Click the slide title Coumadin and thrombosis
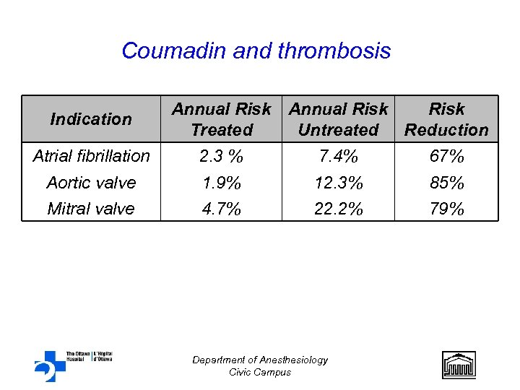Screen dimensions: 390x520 click(256, 51)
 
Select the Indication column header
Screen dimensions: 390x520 click(91, 119)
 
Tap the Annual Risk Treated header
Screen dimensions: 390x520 click(221, 119)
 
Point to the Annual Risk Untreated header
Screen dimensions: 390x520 click(338, 119)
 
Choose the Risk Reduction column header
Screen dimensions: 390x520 click(446, 119)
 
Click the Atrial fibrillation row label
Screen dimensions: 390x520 click(91, 156)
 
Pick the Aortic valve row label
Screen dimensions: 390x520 click(91, 183)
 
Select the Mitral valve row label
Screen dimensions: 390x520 click(91, 209)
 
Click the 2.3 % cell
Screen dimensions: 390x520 click(221, 156)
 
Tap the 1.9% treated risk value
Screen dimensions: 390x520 click(221, 183)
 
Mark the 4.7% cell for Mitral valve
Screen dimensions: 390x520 click(221, 209)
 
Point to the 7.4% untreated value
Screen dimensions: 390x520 click(338, 156)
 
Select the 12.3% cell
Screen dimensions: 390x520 click(338, 183)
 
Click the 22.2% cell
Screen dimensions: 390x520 click(338, 209)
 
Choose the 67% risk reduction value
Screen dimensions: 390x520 click(446, 156)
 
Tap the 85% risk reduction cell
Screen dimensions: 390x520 click(446, 183)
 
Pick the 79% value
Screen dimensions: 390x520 click(446, 209)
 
